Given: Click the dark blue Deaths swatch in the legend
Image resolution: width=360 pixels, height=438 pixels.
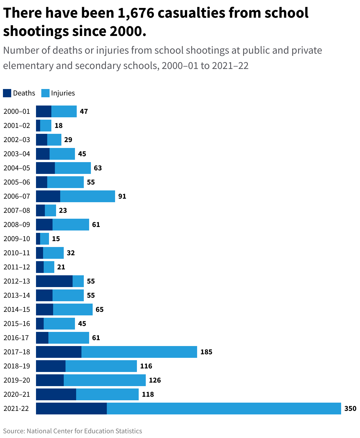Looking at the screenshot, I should pyautogui.click(x=7, y=93).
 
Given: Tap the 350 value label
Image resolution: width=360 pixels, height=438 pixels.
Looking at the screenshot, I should pyautogui.click(x=350, y=409).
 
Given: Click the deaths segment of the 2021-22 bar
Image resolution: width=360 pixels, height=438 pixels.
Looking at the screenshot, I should pyautogui.click(x=71, y=409).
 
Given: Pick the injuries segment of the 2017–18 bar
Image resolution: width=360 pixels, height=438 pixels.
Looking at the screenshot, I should pyautogui.click(x=139, y=352).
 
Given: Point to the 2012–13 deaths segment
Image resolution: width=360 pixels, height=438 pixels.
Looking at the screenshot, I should pyautogui.click(x=54, y=281).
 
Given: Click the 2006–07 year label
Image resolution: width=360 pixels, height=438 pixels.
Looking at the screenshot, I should pyautogui.click(x=17, y=196).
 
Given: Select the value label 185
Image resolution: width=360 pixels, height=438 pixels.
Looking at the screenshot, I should pyautogui.click(x=206, y=352).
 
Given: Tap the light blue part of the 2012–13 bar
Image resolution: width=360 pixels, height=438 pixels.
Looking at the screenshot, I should pyautogui.click(x=78, y=281).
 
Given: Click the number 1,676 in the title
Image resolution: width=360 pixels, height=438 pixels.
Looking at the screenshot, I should pyautogui.click(x=135, y=13).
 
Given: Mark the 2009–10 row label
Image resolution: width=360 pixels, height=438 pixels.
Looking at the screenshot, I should pyautogui.click(x=17, y=239).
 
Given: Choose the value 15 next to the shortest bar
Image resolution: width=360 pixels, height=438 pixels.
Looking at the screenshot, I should pyautogui.click(x=56, y=239).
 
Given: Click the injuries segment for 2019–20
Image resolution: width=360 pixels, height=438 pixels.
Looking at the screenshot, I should pyautogui.click(x=105, y=380).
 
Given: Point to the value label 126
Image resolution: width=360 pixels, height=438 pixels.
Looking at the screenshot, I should pyautogui.click(x=155, y=380).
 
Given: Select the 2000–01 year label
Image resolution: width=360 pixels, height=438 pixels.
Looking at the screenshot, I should pyautogui.click(x=17, y=111).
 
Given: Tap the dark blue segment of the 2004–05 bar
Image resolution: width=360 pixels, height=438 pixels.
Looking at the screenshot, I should pyautogui.click(x=45, y=168).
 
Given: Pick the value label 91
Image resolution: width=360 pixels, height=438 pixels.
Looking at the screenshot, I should pyautogui.click(x=122, y=196).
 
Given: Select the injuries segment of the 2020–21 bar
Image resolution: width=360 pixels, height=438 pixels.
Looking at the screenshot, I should pyautogui.click(x=107, y=394).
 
